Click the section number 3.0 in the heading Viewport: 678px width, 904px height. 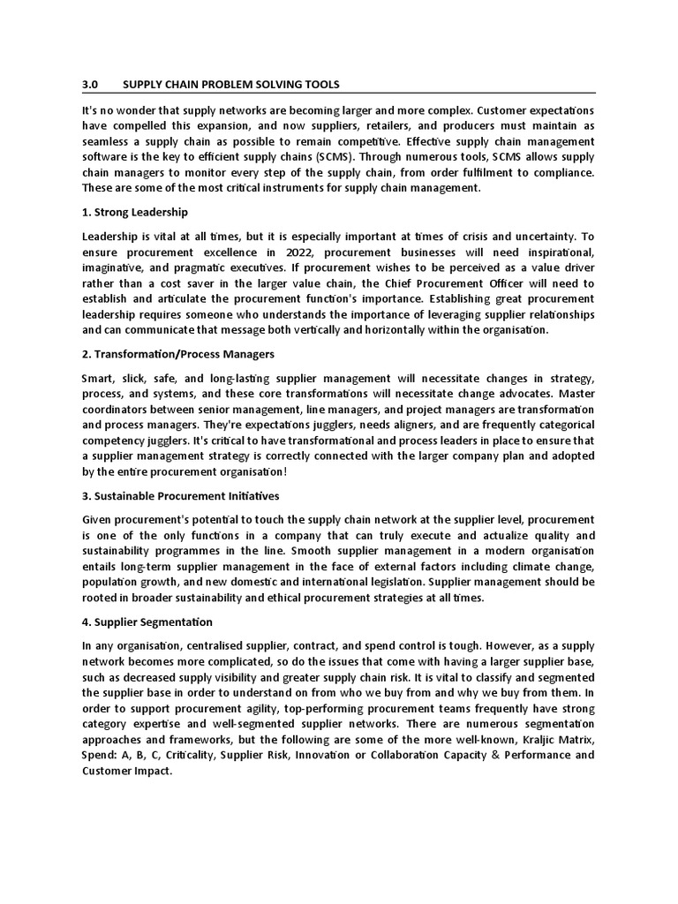coord(89,85)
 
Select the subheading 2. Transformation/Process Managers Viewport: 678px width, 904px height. coord(177,354)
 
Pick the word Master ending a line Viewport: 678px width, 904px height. coord(573,394)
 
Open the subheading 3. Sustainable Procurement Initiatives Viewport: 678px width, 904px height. coord(180,496)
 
